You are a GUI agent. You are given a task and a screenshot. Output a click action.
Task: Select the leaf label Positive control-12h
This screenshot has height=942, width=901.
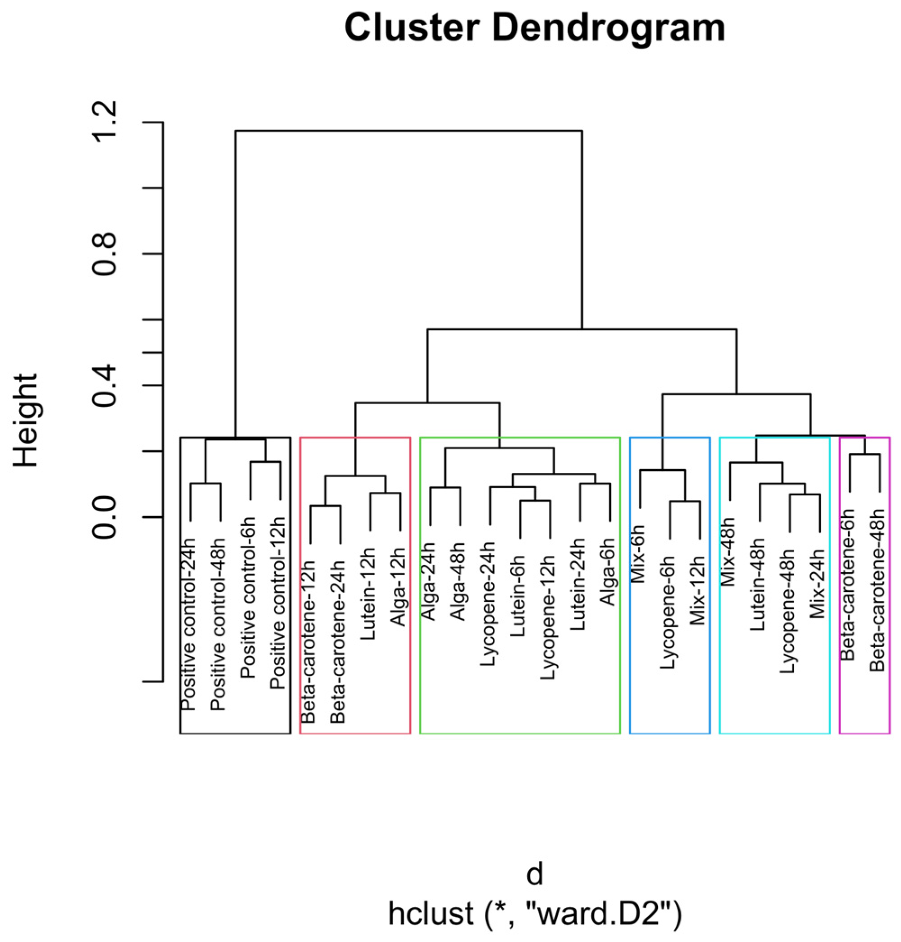tap(278, 603)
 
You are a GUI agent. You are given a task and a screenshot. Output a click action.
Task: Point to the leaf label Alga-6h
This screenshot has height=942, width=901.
tap(608, 572)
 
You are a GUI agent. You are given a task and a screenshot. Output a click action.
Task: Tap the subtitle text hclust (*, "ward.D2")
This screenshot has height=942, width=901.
tap(535, 914)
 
